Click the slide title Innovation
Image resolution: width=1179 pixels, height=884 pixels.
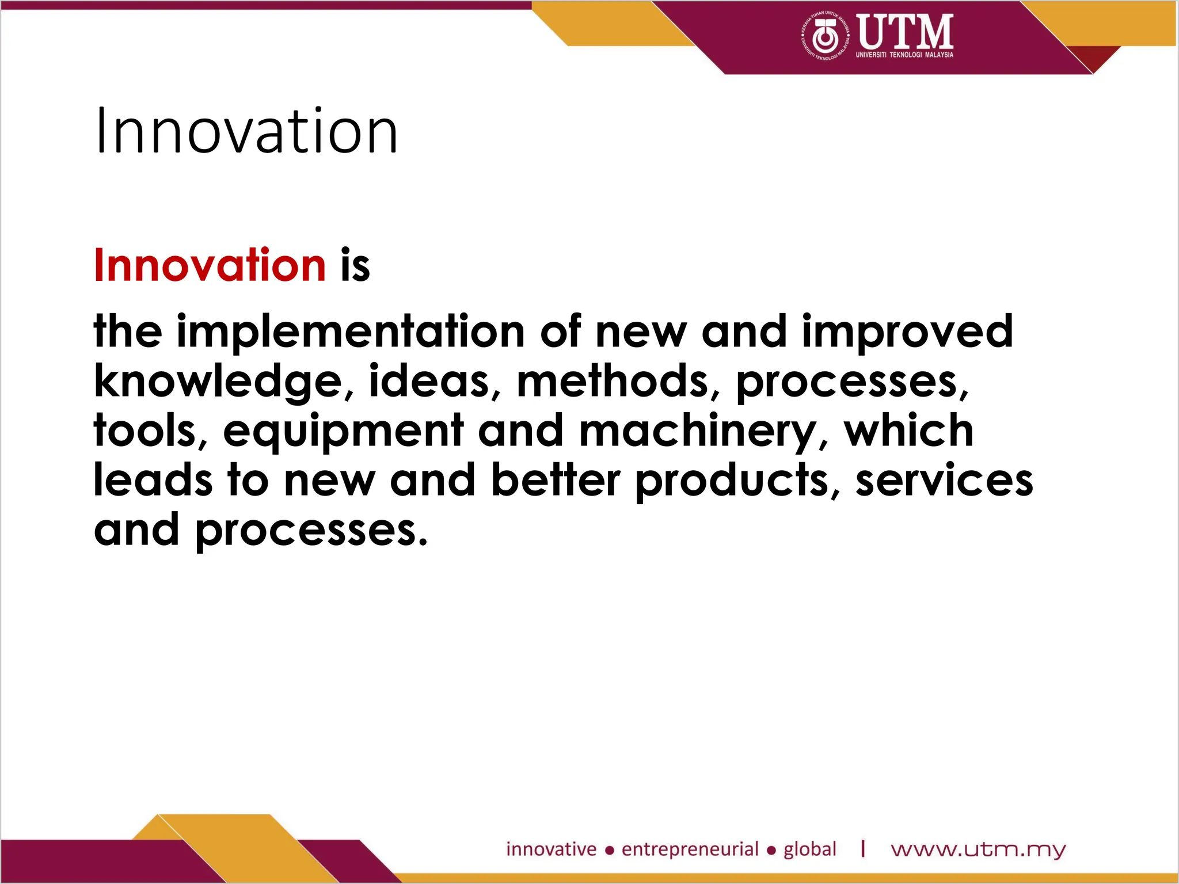[246, 132]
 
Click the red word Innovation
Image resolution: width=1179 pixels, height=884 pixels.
[210, 265]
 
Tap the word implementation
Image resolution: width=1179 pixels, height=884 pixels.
[350, 331]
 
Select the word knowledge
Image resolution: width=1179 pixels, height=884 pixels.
[218, 382]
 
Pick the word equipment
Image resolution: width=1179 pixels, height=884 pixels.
[343, 431]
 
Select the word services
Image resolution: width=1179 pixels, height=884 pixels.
[944, 481]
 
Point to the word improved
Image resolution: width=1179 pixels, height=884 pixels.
[907, 333]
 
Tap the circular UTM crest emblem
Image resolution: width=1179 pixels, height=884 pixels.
[826, 36]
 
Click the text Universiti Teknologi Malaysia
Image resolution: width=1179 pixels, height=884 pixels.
[904, 55]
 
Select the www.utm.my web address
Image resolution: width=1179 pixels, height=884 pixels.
[978, 849]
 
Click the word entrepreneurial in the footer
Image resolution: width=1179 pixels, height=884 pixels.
[690, 849]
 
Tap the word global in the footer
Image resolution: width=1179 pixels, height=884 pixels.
[809, 849]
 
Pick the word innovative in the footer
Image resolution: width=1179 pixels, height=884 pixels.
[551, 849]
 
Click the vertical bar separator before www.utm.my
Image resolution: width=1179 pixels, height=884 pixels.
[863, 849]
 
